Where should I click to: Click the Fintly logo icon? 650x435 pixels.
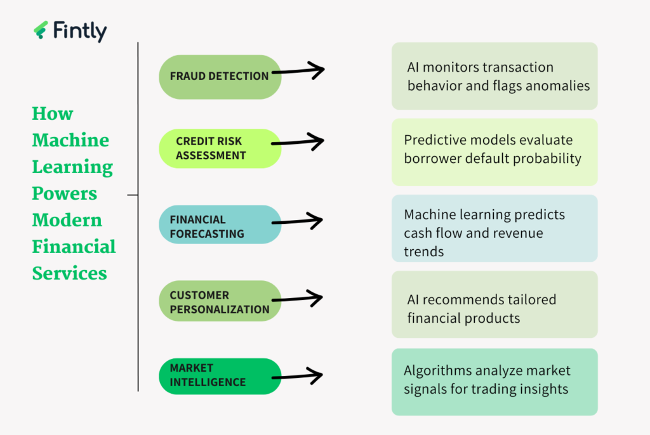[x=41, y=30]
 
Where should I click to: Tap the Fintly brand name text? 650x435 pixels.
[x=80, y=31]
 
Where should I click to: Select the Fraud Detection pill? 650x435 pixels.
[x=220, y=76]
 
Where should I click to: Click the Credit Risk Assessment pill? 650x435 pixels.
[x=220, y=148]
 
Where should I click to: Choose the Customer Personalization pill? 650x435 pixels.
[x=220, y=302]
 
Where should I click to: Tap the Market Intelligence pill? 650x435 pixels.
[x=220, y=375]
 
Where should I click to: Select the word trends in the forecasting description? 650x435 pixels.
[x=424, y=251]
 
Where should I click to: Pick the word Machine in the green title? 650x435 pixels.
[x=70, y=140]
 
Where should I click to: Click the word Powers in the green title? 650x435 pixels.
[x=65, y=193]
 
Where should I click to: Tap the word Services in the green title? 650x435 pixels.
[x=69, y=273]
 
